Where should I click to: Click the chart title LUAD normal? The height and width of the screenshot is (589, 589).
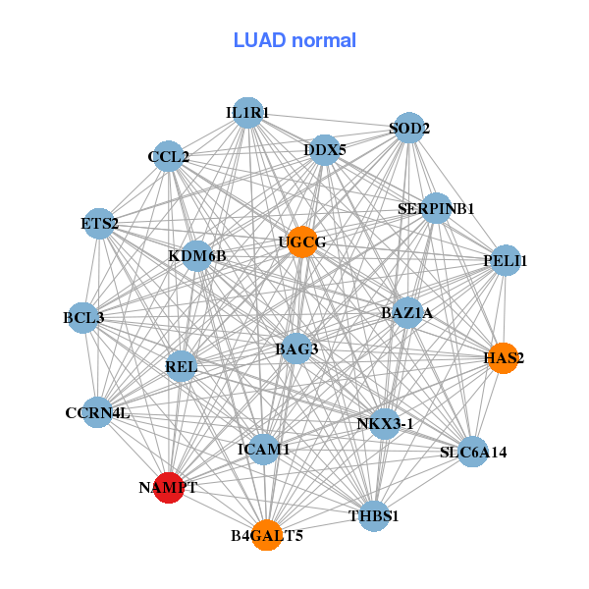click(x=294, y=41)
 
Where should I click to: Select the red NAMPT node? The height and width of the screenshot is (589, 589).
click(x=170, y=487)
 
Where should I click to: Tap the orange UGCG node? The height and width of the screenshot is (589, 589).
click(x=302, y=241)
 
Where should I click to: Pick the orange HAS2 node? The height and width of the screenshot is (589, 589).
click(x=503, y=358)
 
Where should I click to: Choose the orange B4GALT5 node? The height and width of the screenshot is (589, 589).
click(x=266, y=535)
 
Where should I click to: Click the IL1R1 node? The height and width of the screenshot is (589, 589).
click(x=247, y=114)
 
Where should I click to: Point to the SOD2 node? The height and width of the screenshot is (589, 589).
click(x=408, y=129)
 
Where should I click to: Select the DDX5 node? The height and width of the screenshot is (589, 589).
click(x=325, y=150)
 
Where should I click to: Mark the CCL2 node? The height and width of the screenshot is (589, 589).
click(x=169, y=156)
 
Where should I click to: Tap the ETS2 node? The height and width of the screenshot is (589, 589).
click(x=99, y=224)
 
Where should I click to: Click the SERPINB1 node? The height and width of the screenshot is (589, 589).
click(x=436, y=208)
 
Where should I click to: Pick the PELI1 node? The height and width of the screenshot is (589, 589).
click(x=506, y=260)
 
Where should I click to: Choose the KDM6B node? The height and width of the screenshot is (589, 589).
click(x=197, y=256)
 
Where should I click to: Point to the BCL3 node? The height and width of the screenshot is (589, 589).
click(x=83, y=317)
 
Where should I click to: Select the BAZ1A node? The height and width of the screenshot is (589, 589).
click(x=407, y=313)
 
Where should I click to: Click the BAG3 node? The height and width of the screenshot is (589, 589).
click(x=296, y=348)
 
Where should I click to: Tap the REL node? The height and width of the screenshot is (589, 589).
click(x=182, y=367)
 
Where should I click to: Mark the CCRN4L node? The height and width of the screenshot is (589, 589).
click(x=97, y=413)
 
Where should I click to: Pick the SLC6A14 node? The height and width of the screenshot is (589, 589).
click(x=473, y=452)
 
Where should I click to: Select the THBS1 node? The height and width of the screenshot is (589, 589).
click(x=374, y=515)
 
